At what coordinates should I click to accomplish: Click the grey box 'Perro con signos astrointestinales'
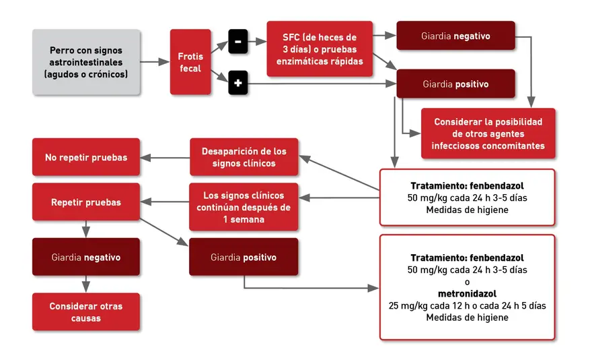click(x=86, y=62)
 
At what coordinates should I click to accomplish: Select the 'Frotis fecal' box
click(x=190, y=62)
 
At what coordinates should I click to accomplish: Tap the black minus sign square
click(x=238, y=41)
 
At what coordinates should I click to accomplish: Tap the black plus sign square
click(x=238, y=82)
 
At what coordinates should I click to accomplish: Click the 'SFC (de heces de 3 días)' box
click(x=320, y=49)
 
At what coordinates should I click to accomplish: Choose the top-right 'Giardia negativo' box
click(x=455, y=36)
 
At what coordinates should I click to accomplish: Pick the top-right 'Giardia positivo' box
click(x=455, y=84)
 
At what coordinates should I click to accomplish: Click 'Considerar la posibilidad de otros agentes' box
click(x=488, y=133)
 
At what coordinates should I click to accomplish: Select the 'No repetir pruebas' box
click(x=86, y=157)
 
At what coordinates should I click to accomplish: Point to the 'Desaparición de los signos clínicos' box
click(x=244, y=157)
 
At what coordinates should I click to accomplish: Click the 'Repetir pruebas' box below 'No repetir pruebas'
click(x=86, y=202)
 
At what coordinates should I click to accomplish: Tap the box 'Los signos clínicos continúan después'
click(x=244, y=207)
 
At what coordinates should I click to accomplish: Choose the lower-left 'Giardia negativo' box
click(x=86, y=257)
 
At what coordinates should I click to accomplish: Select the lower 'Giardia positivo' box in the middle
click(x=244, y=257)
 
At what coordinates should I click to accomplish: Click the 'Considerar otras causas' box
click(x=86, y=312)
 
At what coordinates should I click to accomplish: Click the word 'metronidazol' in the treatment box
click(x=467, y=294)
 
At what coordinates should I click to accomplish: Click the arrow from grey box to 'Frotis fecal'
click(x=155, y=61)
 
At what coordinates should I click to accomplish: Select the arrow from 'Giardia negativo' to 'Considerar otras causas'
click(x=86, y=284)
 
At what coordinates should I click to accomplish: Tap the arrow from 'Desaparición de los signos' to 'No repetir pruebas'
click(x=165, y=158)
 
